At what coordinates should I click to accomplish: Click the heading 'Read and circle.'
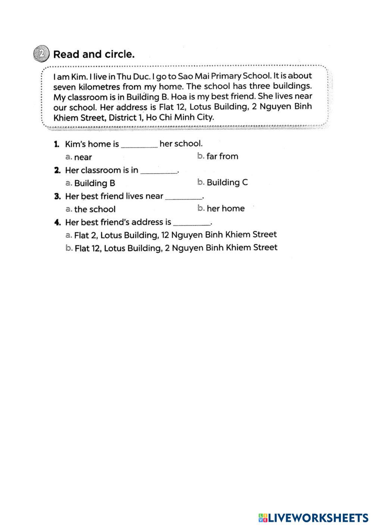[x=94, y=54]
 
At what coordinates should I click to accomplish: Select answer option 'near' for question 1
[x=82, y=157]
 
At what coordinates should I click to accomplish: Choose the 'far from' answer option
[x=222, y=157]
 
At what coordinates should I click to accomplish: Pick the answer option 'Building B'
[x=94, y=183]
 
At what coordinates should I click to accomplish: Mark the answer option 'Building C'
[x=227, y=183]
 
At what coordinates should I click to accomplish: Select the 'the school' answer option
[x=94, y=209]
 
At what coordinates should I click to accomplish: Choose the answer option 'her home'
[x=225, y=209]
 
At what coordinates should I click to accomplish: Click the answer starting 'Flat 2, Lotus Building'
[x=175, y=235]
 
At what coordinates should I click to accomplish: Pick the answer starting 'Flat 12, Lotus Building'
[x=176, y=248]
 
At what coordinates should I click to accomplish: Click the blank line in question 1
[x=140, y=146]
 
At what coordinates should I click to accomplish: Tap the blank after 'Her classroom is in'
[x=159, y=173]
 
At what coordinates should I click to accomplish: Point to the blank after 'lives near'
[x=184, y=199]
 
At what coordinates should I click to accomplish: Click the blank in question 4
[x=192, y=225]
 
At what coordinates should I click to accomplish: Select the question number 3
[x=57, y=196]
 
